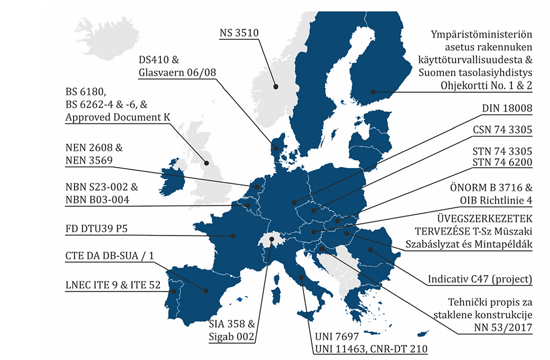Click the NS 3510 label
click(239, 33)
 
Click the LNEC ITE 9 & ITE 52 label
click(113, 285)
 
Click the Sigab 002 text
click(232, 336)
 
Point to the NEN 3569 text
click(89, 160)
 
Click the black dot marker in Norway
click(276, 87)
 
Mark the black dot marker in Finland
click(373, 92)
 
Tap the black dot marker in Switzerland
click(272, 239)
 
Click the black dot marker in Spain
click(207, 291)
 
